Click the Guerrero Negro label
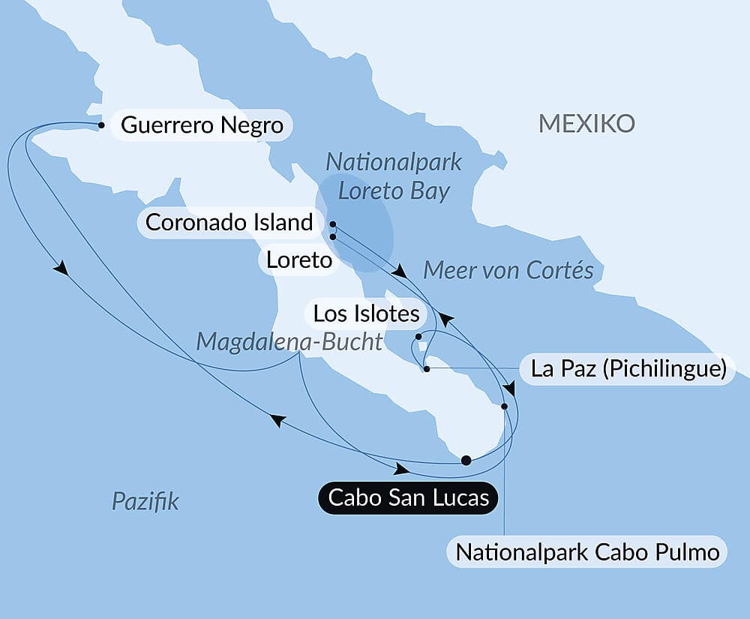click(202, 125)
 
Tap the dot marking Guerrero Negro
click(101, 125)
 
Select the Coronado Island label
click(229, 222)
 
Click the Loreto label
click(298, 260)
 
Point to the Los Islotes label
click(366, 313)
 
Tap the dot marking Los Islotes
click(418, 337)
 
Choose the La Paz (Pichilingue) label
click(628, 369)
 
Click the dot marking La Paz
click(426, 369)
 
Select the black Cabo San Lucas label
click(409, 497)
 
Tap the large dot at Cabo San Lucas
click(466, 461)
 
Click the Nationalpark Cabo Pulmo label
click(587, 553)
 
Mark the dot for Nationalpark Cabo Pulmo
click(504, 406)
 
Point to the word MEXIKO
click(586, 124)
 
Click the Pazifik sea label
click(145, 501)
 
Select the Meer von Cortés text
click(508, 270)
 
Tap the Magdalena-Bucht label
click(289, 342)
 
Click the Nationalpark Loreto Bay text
click(394, 176)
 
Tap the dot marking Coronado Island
click(332, 224)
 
